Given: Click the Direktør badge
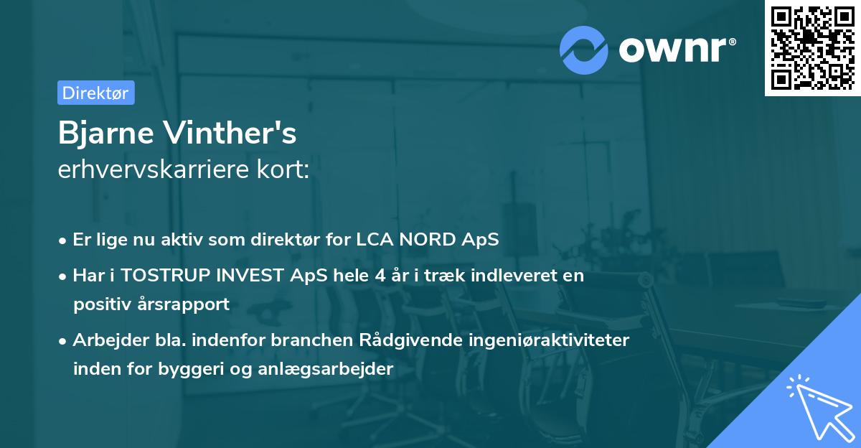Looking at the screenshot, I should (95, 93).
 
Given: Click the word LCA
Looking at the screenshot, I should (374, 240).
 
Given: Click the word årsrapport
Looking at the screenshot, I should (186, 304).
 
